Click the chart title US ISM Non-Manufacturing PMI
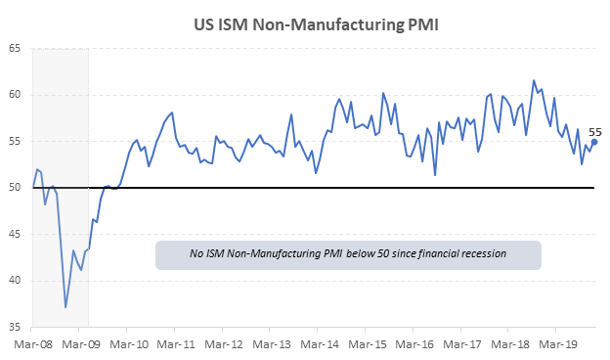(316, 24)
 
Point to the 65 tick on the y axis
(15, 49)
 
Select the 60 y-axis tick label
(15, 95)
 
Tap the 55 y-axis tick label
(15, 141)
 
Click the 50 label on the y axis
(15, 188)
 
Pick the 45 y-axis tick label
(15, 234)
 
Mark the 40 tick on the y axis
(15, 281)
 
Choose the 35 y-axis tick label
(15, 327)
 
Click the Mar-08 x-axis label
(33, 344)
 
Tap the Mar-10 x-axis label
(129, 344)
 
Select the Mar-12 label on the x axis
(224, 344)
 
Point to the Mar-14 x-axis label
(320, 344)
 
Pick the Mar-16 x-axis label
(414, 344)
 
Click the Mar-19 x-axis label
(558, 344)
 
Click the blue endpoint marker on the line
(594, 142)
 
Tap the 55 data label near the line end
(594, 132)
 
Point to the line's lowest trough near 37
(65, 307)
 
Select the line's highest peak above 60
(534, 80)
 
